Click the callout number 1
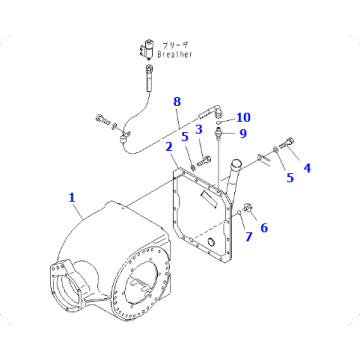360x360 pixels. click(72, 197)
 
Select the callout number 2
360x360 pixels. click(170, 147)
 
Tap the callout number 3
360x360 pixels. click(199, 129)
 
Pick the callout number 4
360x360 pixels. click(307, 169)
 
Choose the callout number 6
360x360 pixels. click(265, 229)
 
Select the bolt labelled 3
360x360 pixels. click(204, 158)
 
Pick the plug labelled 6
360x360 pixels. click(250, 210)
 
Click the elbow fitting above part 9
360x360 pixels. click(213, 114)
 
